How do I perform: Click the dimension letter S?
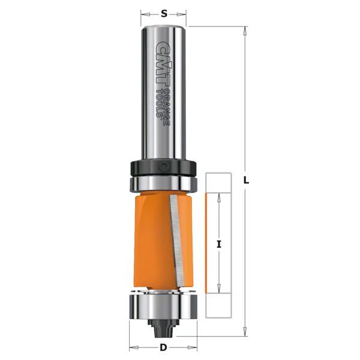point(164,14)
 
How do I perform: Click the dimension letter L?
point(246,180)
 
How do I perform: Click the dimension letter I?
point(219,244)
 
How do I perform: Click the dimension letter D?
point(163,347)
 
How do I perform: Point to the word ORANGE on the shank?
point(167,107)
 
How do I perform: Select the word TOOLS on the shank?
point(159,103)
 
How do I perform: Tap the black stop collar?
point(163,168)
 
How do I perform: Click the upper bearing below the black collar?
point(163,184)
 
